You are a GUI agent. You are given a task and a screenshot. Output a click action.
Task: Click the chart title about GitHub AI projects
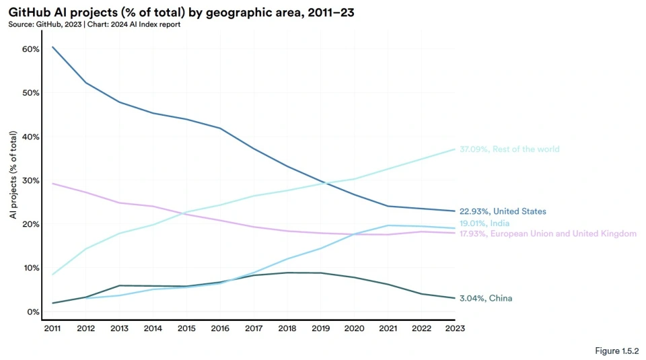tap(181, 13)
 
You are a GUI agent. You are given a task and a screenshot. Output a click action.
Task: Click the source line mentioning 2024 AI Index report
tap(94, 24)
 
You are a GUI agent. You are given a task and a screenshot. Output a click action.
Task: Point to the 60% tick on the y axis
tap(31, 49)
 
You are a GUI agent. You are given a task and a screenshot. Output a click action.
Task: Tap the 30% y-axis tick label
tap(31, 180)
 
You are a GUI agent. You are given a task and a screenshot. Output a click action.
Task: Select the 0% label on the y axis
tap(34, 312)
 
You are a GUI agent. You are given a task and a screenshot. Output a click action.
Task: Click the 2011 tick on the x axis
tap(52, 328)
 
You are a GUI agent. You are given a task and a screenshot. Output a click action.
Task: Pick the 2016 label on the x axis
tap(220, 328)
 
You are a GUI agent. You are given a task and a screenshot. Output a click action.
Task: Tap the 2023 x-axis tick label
tap(455, 328)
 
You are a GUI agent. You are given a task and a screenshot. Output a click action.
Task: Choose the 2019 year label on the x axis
tap(320, 328)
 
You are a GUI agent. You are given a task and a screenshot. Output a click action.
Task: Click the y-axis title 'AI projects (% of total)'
tap(13, 175)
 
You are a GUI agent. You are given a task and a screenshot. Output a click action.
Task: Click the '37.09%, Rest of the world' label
tap(509, 149)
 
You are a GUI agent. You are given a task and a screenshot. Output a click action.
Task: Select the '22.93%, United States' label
tap(503, 211)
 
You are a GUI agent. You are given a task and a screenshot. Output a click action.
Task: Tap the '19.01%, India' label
tap(485, 223)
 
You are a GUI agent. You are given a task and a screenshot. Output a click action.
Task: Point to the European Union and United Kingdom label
tap(548, 233)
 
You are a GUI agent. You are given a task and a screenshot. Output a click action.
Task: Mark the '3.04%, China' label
tap(486, 298)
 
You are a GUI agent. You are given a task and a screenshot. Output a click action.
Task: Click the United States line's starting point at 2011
tap(52, 47)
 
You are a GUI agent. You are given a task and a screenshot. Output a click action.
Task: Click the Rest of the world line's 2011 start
tap(52, 275)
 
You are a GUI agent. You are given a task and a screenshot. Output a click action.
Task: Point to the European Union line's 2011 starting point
tap(52, 183)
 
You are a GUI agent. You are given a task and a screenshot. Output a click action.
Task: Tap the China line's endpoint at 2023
tap(455, 298)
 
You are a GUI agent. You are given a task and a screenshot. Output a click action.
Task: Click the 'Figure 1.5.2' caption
tap(617, 351)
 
